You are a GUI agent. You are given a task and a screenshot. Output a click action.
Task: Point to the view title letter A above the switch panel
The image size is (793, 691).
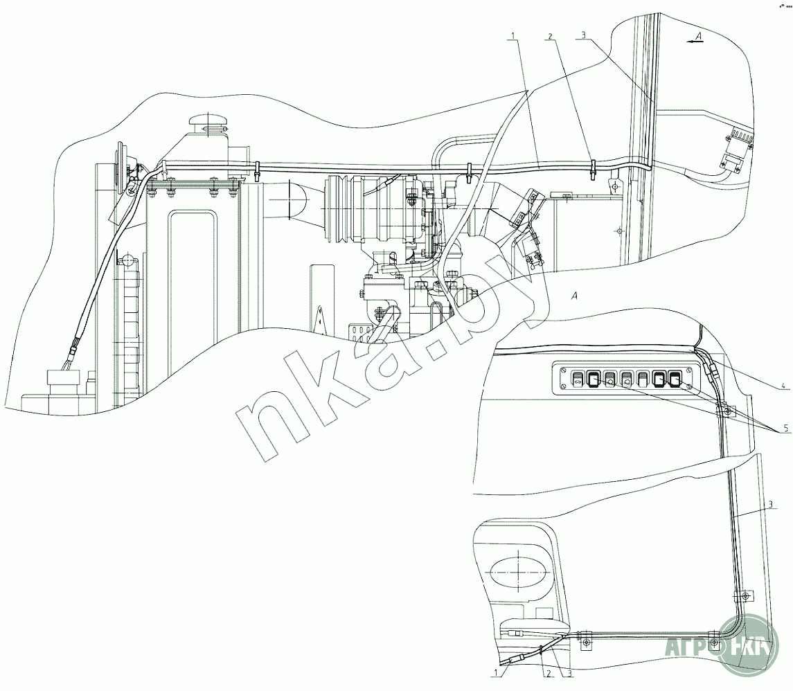pyautogui.click(x=572, y=297)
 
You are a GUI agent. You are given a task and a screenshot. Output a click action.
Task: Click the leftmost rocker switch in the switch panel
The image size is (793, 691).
pyautogui.click(x=576, y=378)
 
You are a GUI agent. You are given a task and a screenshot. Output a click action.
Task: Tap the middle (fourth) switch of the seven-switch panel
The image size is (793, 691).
pyautogui.click(x=626, y=378)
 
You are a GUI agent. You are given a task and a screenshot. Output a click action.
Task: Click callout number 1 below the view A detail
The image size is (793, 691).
pyautogui.click(x=497, y=672)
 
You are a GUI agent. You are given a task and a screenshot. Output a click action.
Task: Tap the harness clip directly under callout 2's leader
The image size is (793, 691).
pyautogui.click(x=593, y=168)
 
